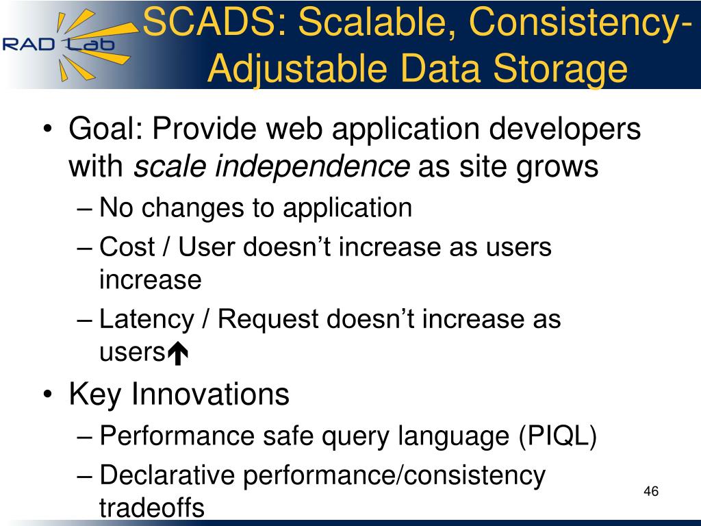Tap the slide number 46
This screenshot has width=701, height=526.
point(651,491)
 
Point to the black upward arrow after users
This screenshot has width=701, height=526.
point(178,353)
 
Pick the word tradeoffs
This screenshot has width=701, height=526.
point(152,508)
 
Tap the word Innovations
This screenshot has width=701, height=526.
point(210,394)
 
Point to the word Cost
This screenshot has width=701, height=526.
point(127,247)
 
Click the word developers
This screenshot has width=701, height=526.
point(565,129)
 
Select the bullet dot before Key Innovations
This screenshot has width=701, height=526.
point(48,394)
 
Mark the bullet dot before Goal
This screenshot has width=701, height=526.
point(48,129)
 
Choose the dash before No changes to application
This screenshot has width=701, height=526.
point(84,209)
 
